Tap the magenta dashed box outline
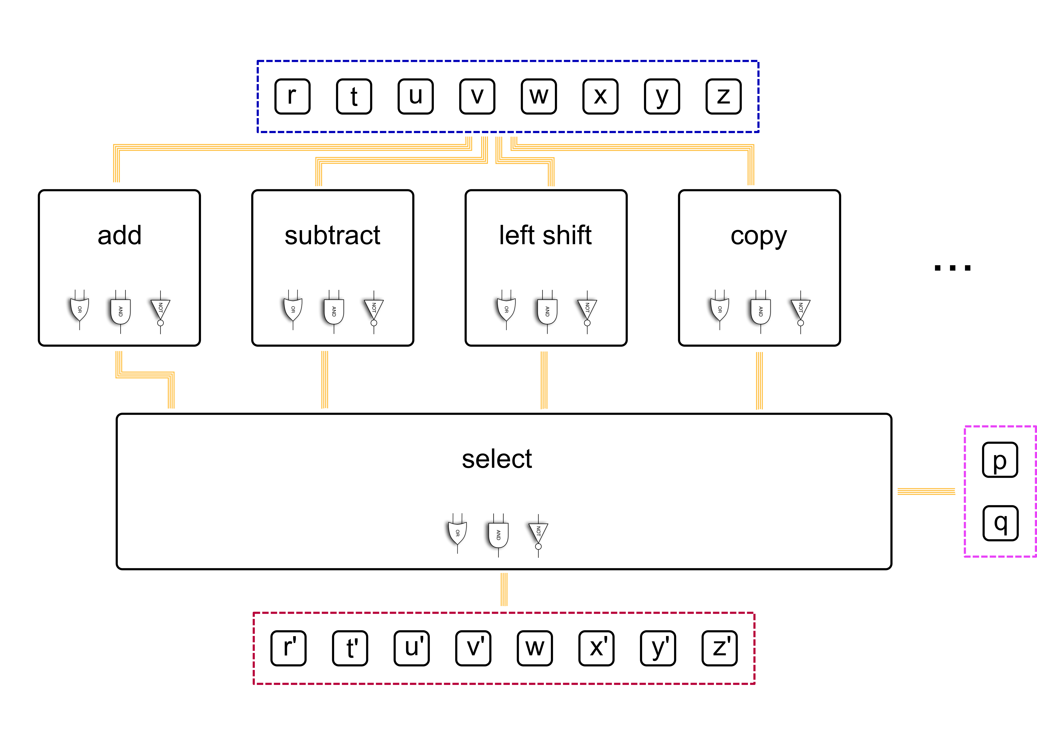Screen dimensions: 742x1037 pyautogui.click(x=965, y=491)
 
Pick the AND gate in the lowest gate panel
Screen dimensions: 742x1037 pyautogui.click(x=498, y=535)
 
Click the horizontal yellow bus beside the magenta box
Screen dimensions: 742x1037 pyautogui.click(x=926, y=492)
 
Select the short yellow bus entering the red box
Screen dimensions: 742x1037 pyautogui.click(x=504, y=589)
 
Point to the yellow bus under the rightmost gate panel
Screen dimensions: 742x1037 pyautogui.click(x=759, y=380)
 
